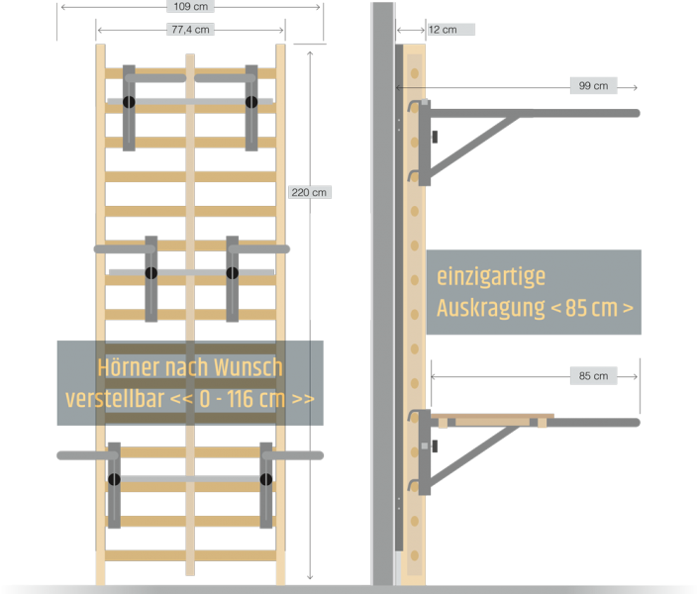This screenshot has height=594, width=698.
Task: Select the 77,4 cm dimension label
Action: click(189, 30)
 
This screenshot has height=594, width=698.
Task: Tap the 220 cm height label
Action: click(310, 192)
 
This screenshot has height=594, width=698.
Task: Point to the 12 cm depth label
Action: click(443, 30)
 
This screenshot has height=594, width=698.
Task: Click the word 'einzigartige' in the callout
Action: click(491, 276)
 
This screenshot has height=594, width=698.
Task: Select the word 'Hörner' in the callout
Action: click(134, 368)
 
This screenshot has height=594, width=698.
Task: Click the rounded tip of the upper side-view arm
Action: click(635, 113)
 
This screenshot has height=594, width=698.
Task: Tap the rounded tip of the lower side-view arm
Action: click(635, 423)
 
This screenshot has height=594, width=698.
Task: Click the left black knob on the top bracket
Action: click(129, 102)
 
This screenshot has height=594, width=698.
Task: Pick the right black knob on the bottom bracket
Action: click(266, 480)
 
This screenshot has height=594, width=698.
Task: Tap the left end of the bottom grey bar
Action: click(64, 455)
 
